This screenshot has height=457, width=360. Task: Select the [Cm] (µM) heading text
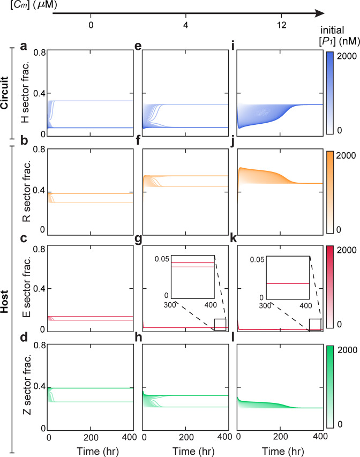click(x=22, y=6)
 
